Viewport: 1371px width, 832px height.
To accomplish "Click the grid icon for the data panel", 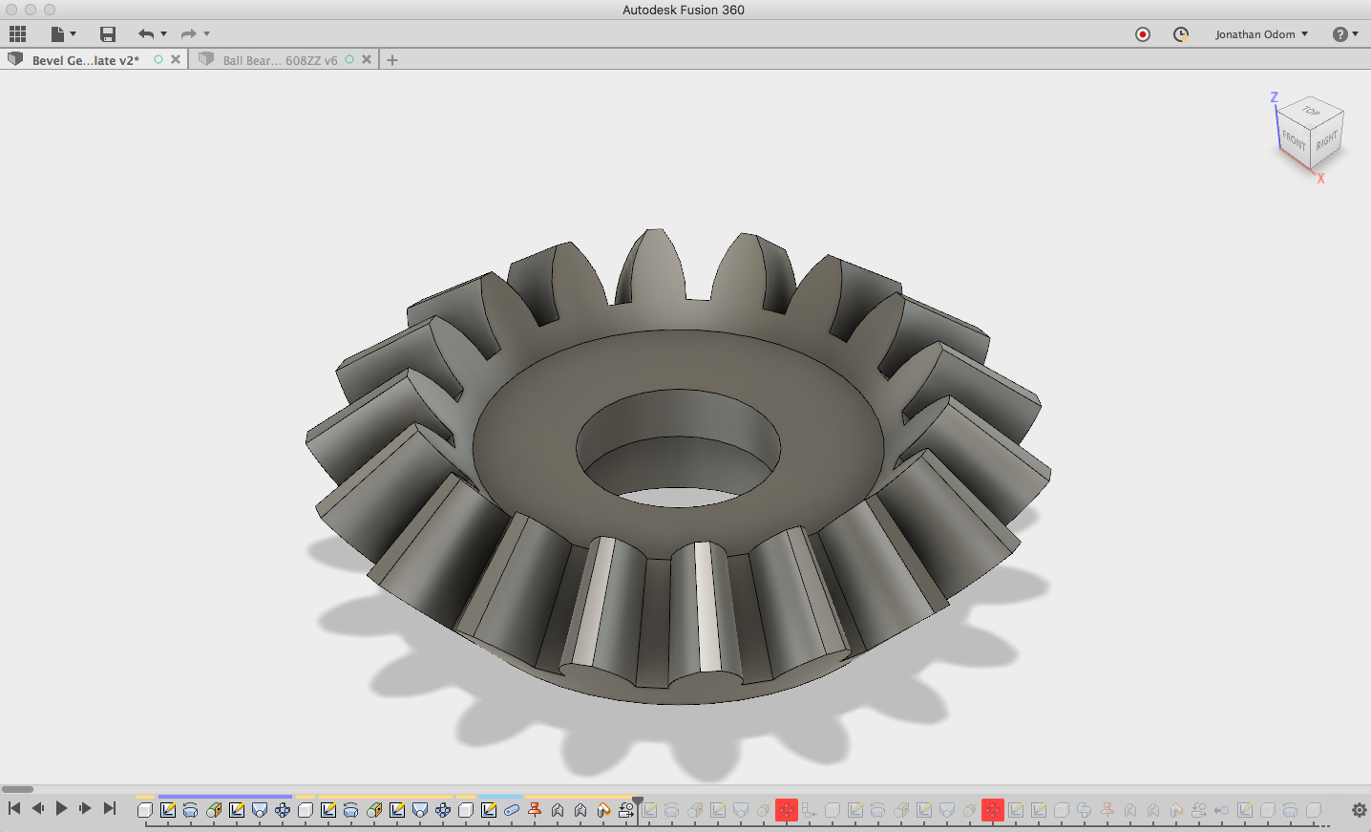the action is coord(18,34).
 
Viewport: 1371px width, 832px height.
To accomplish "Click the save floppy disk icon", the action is coord(108,34).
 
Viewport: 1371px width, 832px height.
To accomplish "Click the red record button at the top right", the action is coord(1142,34).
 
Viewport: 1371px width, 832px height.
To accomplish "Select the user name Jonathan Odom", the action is coord(1255,34).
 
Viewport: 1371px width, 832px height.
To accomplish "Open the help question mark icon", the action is coord(1339,34).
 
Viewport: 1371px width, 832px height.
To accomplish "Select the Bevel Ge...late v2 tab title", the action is coord(86,60).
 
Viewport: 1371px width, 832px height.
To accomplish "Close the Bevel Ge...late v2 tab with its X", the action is coord(176,59).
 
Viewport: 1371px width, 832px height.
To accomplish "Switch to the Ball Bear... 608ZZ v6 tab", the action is coord(280,60).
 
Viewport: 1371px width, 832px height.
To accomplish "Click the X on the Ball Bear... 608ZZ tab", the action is coord(367,59).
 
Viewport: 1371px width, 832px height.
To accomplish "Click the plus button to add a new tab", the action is coord(392,60).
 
